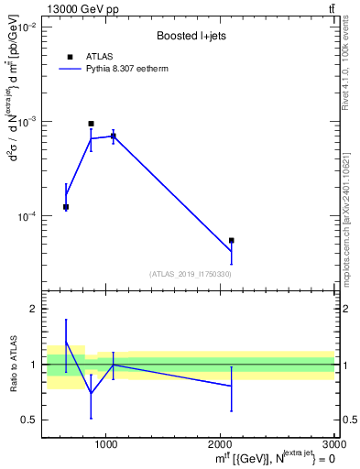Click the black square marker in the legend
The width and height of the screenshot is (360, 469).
pos(70,57)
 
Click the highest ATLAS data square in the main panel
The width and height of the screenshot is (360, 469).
pos(91,124)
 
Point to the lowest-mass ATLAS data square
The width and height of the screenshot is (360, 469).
pos(66,207)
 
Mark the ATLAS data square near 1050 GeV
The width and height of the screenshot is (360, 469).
pos(113,136)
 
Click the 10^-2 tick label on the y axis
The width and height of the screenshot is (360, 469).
pos(24,28)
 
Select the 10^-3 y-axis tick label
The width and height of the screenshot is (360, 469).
pos(24,122)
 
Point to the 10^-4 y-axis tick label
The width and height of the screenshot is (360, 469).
pos(24,217)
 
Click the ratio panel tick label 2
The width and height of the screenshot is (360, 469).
pos(31,309)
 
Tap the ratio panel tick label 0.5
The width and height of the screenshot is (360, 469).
pos(27,420)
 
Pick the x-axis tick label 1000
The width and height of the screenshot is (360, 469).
pos(106,443)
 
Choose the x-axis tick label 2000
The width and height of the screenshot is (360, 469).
pos(222,443)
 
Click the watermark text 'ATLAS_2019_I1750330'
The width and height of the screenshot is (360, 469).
pos(190,274)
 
